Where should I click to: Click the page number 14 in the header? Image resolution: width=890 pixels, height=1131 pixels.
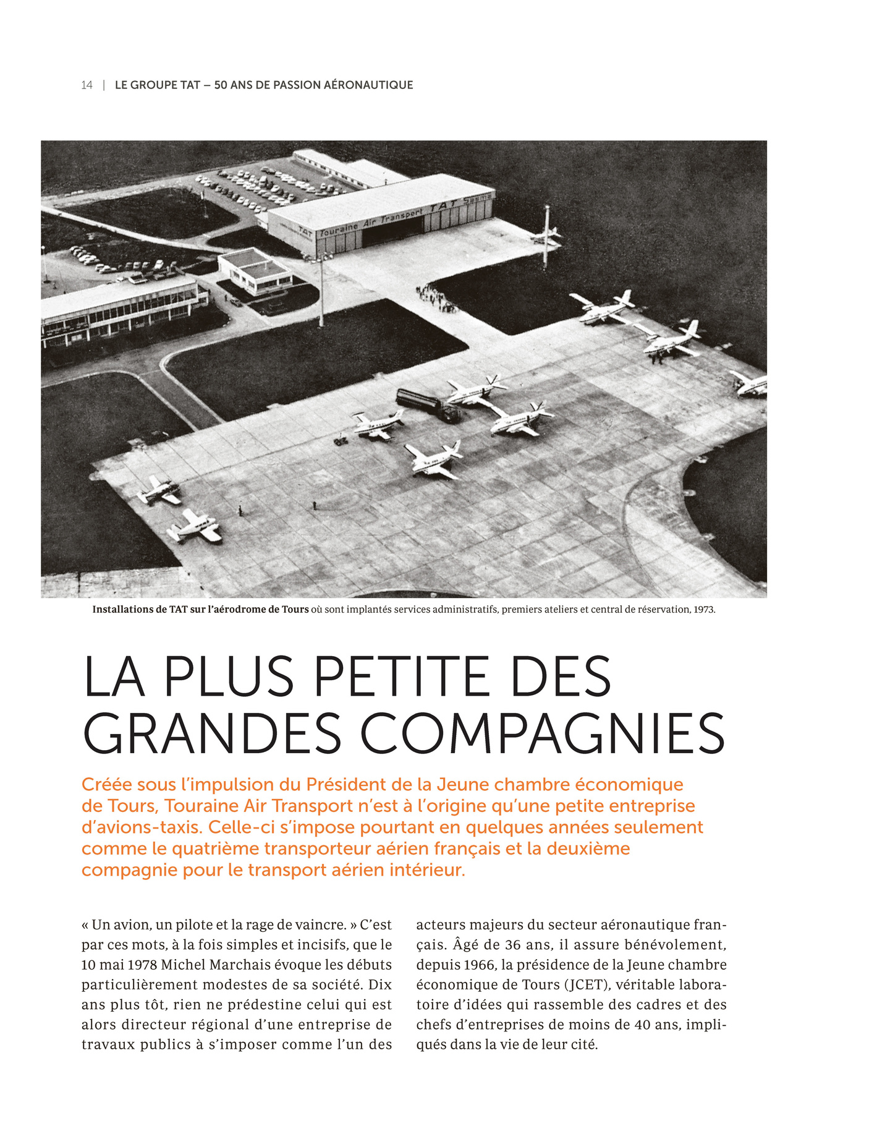(x=87, y=85)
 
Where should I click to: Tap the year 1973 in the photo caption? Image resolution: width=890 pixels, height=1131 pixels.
(x=704, y=609)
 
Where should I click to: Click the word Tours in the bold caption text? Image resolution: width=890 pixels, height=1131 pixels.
(x=295, y=609)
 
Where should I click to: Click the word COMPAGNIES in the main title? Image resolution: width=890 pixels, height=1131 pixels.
(x=542, y=733)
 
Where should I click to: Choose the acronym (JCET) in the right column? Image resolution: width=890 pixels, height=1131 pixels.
(x=576, y=984)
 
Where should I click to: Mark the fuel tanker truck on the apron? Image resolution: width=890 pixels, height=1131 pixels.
(x=426, y=404)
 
